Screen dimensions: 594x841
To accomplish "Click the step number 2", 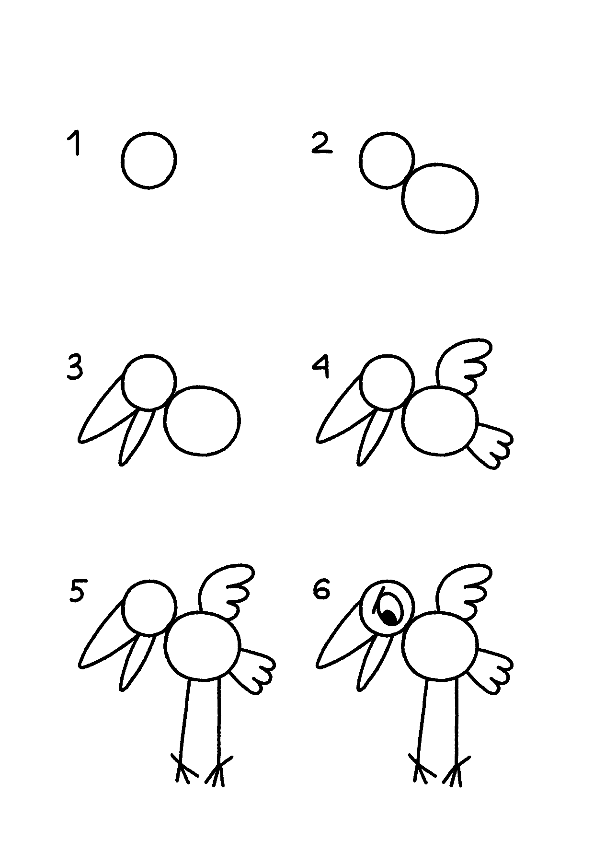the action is [321, 144].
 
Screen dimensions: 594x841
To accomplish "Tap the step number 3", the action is [75, 368].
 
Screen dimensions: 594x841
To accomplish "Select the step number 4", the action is [321, 368].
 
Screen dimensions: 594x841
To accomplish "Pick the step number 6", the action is [321, 590].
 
